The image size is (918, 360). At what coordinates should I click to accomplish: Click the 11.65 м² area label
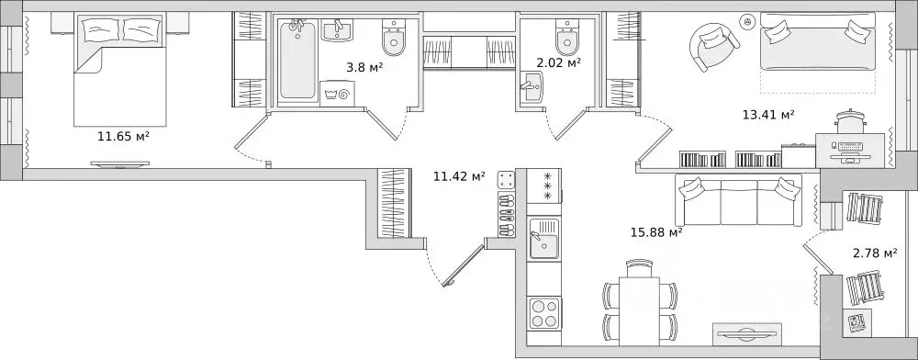(x=124, y=138)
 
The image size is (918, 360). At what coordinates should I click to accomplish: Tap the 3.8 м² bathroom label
(x=364, y=67)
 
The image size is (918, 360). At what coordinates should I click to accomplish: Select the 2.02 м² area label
(x=558, y=62)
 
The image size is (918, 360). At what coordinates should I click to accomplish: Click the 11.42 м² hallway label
(x=459, y=176)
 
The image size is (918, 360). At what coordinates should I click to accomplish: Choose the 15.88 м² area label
(x=657, y=232)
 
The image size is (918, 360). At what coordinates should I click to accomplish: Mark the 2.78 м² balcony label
(x=875, y=253)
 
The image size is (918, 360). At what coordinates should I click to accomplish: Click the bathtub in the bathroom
(x=297, y=60)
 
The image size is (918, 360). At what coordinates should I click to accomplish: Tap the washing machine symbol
(x=339, y=93)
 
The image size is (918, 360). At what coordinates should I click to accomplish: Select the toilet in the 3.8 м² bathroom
(x=394, y=37)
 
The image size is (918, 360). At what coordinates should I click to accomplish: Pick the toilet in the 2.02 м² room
(x=566, y=37)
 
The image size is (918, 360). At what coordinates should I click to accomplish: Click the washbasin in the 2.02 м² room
(x=532, y=88)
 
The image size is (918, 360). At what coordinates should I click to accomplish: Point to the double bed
(x=120, y=69)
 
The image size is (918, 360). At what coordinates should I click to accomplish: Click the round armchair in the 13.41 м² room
(x=714, y=48)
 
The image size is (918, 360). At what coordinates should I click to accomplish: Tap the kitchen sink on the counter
(x=543, y=238)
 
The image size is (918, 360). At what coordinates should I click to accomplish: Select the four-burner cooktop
(x=543, y=314)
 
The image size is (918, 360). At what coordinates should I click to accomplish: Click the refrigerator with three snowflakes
(x=543, y=186)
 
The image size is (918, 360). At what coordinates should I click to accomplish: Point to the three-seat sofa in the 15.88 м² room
(x=739, y=199)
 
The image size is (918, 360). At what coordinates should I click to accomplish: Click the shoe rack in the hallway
(x=507, y=204)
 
